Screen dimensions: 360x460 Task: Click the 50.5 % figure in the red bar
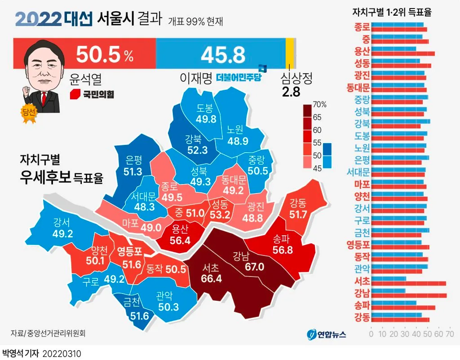(104, 54)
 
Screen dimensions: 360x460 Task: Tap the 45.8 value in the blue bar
(223, 54)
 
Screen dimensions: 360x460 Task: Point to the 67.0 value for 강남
(254, 267)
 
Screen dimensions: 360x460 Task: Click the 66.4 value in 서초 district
(212, 278)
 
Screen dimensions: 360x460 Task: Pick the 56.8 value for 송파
(283, 250)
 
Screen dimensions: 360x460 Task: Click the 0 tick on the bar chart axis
(371, 334)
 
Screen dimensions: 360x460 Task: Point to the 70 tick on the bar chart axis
(449, 334)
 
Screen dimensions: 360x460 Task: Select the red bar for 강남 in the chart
(409, 295)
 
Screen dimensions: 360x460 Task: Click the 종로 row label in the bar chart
(362, 26)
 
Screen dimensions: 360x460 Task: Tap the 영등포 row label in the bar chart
(358, 245)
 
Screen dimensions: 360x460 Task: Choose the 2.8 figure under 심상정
(291, 92)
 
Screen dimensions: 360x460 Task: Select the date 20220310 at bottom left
(62, 354)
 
